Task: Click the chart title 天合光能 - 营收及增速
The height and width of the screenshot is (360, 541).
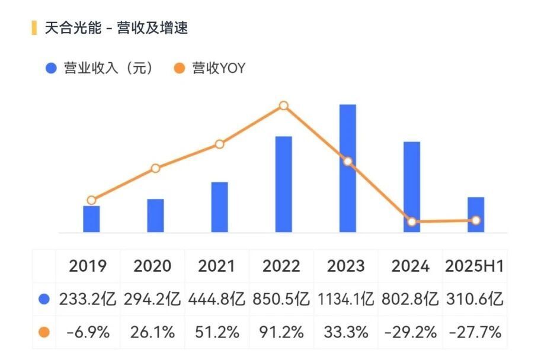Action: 116,28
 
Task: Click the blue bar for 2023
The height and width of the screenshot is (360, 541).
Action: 348,169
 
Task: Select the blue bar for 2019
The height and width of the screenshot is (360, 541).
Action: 91,218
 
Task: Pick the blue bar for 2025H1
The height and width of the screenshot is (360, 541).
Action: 476,214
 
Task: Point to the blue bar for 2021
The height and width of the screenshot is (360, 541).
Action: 219,207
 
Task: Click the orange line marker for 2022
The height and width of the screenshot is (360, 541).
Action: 284,105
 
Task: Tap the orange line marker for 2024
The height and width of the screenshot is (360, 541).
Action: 412,221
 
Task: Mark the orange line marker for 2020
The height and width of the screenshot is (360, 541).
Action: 155,168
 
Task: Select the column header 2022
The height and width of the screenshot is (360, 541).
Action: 281,266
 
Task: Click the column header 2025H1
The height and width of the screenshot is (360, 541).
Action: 475,266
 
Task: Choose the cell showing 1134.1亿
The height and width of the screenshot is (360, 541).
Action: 345,299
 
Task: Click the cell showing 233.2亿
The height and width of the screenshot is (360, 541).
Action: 88,299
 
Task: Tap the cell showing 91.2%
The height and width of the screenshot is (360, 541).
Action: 281,332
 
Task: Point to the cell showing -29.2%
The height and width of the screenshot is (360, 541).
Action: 410,332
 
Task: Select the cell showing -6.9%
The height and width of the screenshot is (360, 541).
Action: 88,332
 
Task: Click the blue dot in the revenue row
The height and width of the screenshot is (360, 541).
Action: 43,300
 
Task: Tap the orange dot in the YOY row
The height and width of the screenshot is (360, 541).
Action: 43,332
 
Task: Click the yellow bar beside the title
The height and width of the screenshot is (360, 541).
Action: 33,28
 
